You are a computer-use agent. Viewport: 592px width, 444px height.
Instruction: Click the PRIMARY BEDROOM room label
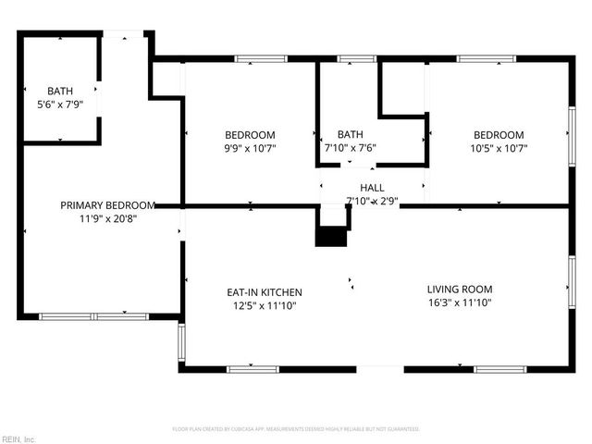(x=107, y=205)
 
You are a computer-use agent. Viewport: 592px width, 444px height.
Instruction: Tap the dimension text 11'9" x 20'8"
(x=107, y=219)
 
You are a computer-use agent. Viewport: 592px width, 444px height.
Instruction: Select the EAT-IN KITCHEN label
(x=265, y=292)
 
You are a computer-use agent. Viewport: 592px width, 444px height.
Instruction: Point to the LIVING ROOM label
(x=459, y=289)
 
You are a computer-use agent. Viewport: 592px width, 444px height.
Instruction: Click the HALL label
(x=372, y=188)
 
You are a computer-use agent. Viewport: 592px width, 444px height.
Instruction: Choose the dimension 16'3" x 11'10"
(x=459, y=302)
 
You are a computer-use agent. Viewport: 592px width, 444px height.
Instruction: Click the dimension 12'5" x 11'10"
(x=265, y=306)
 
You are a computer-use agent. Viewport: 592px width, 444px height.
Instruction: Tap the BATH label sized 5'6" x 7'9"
(x=60, y=91)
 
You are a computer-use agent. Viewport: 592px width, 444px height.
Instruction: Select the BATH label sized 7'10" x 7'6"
(x=351, y=135)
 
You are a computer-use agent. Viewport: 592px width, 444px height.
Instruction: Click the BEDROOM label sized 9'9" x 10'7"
(x=250, y=135)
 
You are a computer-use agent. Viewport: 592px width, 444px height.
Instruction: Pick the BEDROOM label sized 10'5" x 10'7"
(x=499, y=135)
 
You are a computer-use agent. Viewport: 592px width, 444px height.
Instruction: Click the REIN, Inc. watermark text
(x=18, y=438)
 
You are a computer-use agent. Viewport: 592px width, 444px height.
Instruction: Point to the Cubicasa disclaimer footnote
(x=296, y=429)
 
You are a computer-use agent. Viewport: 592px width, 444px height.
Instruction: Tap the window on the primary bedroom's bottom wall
(x=94, y=316)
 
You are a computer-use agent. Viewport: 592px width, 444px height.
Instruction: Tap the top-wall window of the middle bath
(x=350, y=59)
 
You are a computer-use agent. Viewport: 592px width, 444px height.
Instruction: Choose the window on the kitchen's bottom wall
(x=253, y=369)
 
